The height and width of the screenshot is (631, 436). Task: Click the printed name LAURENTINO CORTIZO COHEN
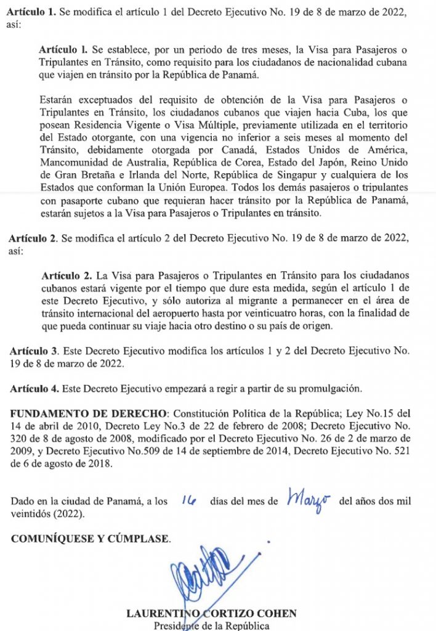pos(211,614)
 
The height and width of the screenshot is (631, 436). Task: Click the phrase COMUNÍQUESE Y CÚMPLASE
pos(91,539)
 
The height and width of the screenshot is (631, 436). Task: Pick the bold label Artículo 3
pos(34,351)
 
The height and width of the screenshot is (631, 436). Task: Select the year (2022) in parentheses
pos(65,513)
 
